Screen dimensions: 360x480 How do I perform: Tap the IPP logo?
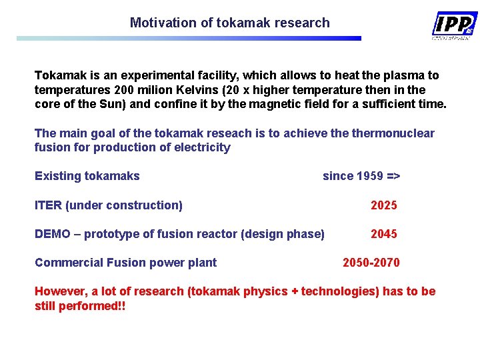[x=454, y=25]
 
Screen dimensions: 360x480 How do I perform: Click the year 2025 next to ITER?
[x=384, y=205]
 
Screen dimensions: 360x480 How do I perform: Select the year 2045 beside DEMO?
[x=384, y=234]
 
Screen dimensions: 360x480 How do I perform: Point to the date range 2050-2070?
[x=371, y=263]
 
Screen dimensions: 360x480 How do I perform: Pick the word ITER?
[x=48, y=205]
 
